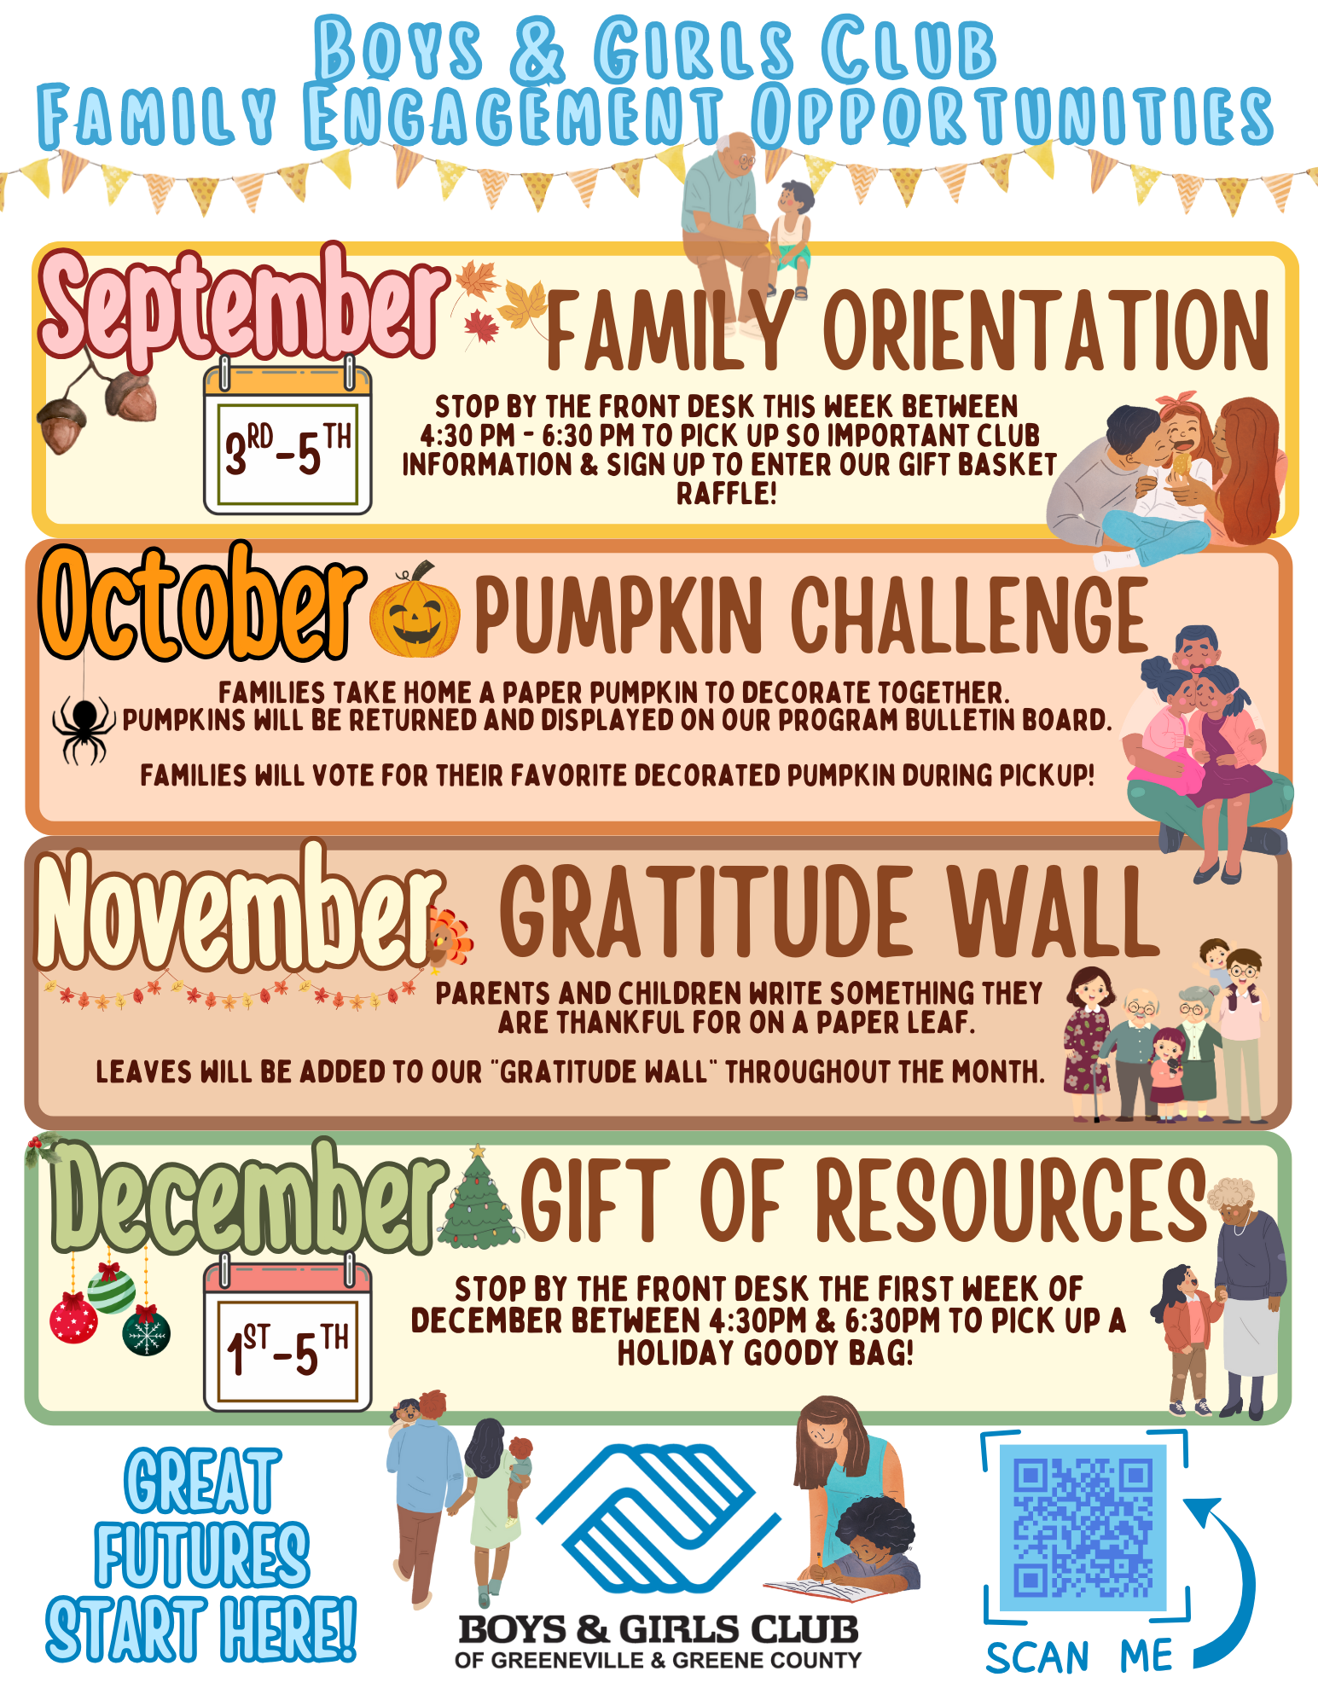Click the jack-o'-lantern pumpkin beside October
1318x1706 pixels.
click(415, 612)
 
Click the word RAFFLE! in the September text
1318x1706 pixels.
click(727, 494)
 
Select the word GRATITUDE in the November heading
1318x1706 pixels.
click(705, 912)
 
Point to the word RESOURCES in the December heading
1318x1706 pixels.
click(1011, 1200)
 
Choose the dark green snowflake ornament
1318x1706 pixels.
click(147, 1332)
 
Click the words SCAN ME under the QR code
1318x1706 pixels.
click(1079, 1657)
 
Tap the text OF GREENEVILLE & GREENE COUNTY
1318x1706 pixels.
click(658, 1660)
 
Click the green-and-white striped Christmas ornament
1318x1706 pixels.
click(111, 1289)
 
